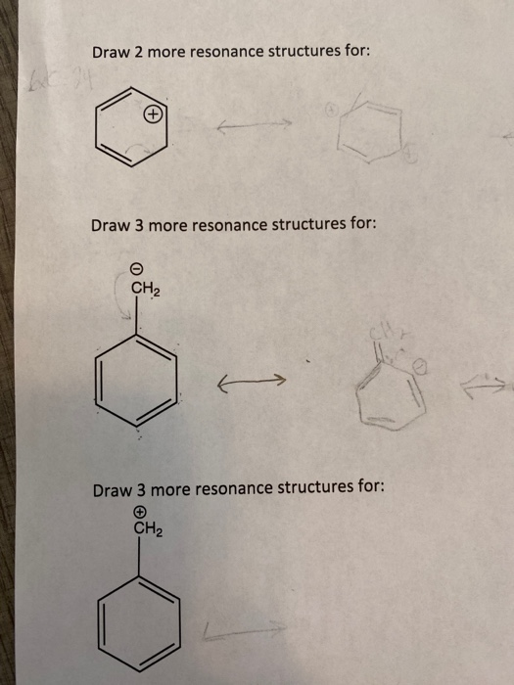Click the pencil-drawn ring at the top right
[367, 132]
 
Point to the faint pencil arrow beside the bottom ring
[246, 632]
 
